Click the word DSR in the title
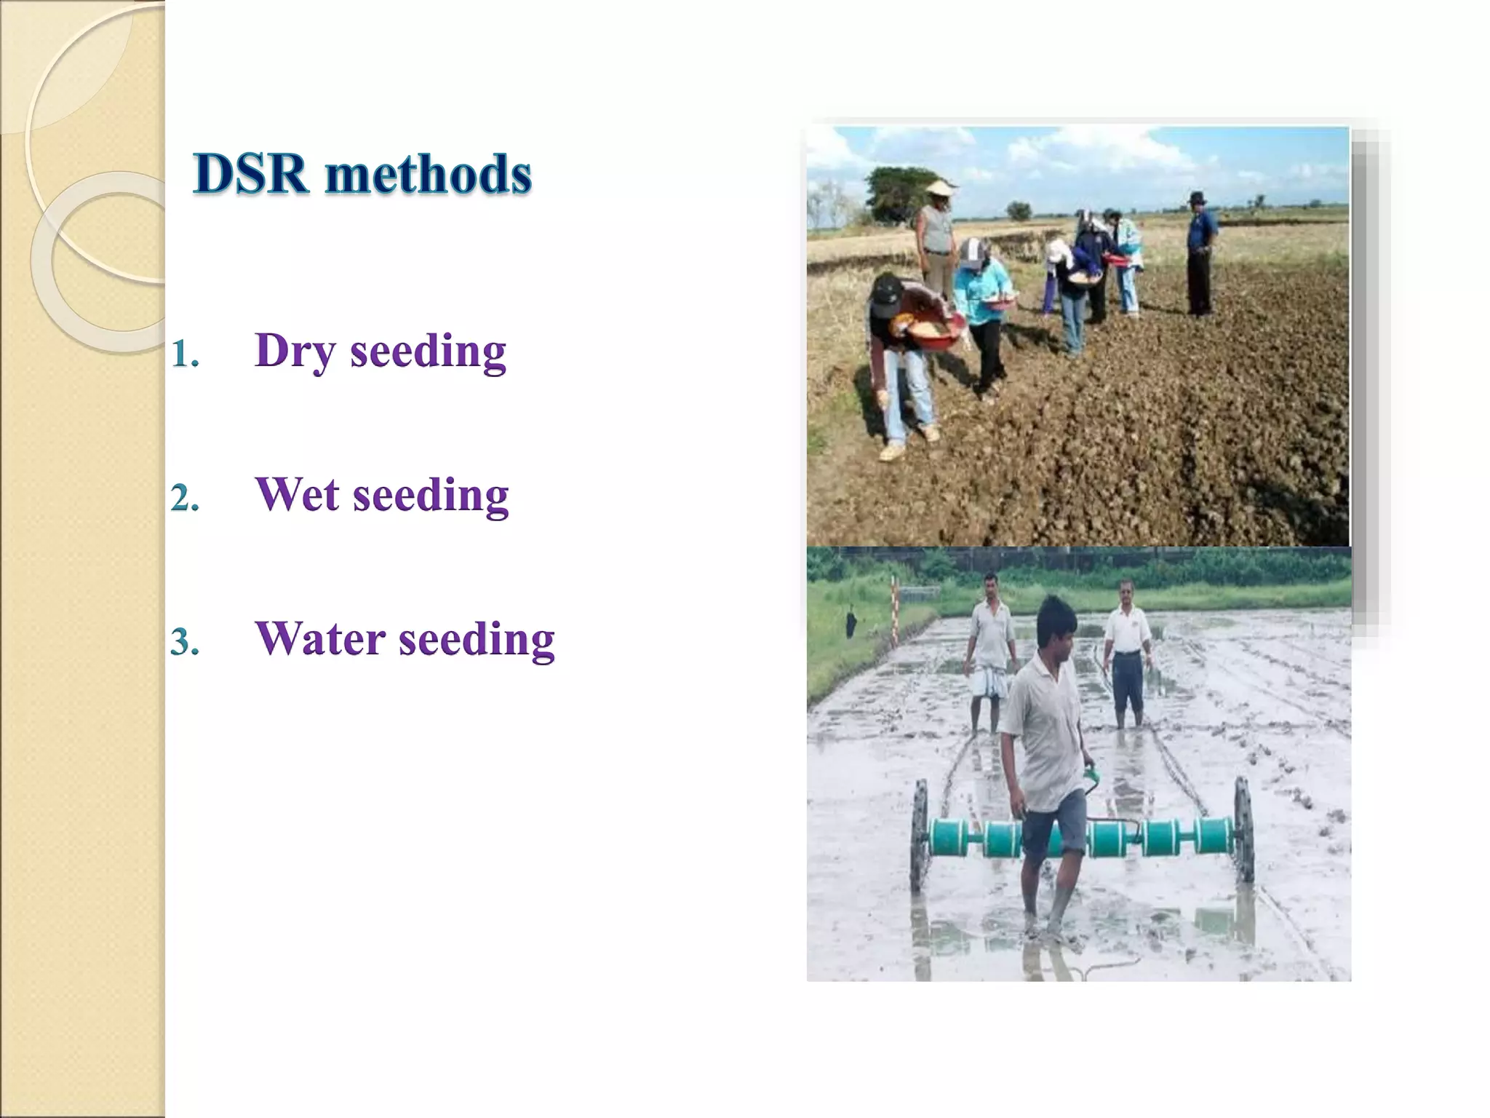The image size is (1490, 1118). pyautogui.click(x=250, y=175)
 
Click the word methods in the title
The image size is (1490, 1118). pyautogui.click(x=429, y=175)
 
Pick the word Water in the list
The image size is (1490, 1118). pyautogui.click(x=320, y=639)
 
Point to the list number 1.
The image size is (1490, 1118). pyautogui.click(x=184, y=354)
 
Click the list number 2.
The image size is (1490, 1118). pyautogui.click(x=184, y=499)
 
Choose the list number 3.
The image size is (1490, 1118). pyautogui.click(x=184, y=643)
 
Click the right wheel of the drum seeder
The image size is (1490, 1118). pyautogui.click(x=1243, y=830)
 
